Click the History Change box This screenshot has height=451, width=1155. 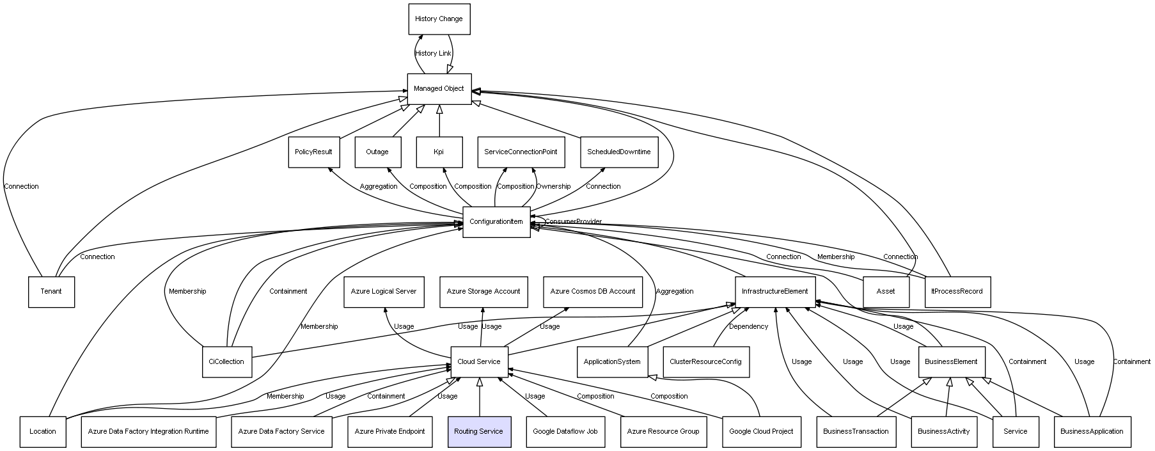tap(439, 19)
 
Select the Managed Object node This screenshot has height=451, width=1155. tap(439, 89)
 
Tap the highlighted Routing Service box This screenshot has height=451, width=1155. tap(479, 432)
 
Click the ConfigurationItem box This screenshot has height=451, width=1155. tap(496, 222)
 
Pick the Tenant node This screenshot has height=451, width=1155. tap(51, 292)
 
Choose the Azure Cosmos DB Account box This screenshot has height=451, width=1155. tap(593, 292)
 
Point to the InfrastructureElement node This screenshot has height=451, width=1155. tap(775, 292)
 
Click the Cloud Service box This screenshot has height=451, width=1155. tap(479, 362)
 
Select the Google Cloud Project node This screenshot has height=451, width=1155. tap(761, 432)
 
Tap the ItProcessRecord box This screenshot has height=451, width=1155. tap(957, 292)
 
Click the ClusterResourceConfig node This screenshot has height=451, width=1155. tap(705, 362)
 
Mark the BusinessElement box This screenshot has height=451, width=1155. tap(951, 362)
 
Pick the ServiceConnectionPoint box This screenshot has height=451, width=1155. tap(521, 152)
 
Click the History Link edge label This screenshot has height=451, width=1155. tap(433, 54)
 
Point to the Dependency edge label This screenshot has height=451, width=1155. tap(748, 327)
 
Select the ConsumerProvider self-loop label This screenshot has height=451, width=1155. tap(573, 222)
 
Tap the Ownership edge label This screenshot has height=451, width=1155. tap(553, 187)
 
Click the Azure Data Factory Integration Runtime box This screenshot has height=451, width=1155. tap(148, 432)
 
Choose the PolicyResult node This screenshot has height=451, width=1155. tap(313, 152)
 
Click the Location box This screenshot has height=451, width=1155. tap(43, 432)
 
